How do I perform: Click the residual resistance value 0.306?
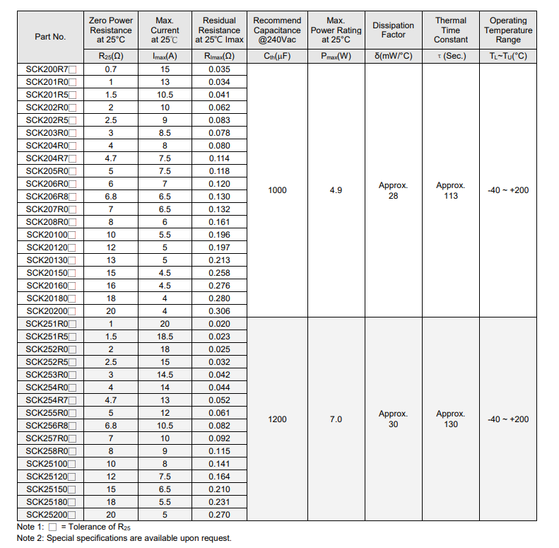click(219, 310)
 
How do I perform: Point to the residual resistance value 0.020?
click(219, 323)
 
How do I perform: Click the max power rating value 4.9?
click(336, 190)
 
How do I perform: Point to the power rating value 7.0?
click(336, 419)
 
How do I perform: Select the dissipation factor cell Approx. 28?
click(393, 190)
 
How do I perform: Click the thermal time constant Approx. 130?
click(451, 419)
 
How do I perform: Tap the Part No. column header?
click(50, 37)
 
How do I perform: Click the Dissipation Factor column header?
click(393, 30)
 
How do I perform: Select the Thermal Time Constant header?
click(451, 30)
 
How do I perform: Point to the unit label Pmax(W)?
click(336, 56)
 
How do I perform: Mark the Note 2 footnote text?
click(124, 538)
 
